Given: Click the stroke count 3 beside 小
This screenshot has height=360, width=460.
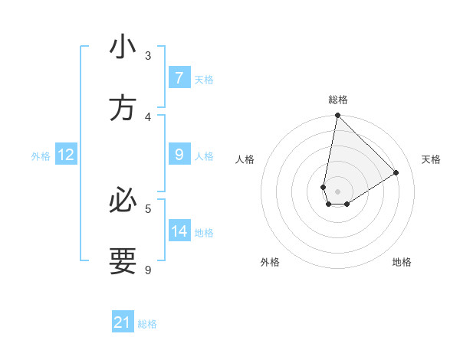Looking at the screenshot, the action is coord(148,55).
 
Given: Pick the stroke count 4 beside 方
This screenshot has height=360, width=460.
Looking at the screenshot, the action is coord(148,116).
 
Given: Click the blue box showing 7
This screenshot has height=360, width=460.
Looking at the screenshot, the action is coord(179,78).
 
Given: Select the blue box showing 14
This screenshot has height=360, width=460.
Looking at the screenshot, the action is coord(179,231).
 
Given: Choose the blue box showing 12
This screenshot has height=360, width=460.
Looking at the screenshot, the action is coord(66,155).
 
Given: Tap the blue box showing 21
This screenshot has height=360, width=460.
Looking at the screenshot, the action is coord(123,322).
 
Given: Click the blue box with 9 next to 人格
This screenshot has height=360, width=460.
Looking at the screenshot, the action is coord(179,155).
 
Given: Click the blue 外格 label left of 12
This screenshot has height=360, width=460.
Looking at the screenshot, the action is coord(41,155).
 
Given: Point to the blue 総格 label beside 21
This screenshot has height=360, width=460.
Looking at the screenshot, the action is coord(147,323).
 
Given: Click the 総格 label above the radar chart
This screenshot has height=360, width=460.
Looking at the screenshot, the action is coord(337,100).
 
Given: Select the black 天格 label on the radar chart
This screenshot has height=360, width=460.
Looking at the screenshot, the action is coord(431,159).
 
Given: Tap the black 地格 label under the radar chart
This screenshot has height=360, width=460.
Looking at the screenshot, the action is coord(402,262).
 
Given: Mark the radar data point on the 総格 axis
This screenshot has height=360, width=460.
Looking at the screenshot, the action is coord(337,116).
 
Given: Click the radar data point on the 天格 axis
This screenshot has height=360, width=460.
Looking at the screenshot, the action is coord(396,172).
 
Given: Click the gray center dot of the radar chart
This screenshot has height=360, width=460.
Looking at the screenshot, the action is coord(337,191).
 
